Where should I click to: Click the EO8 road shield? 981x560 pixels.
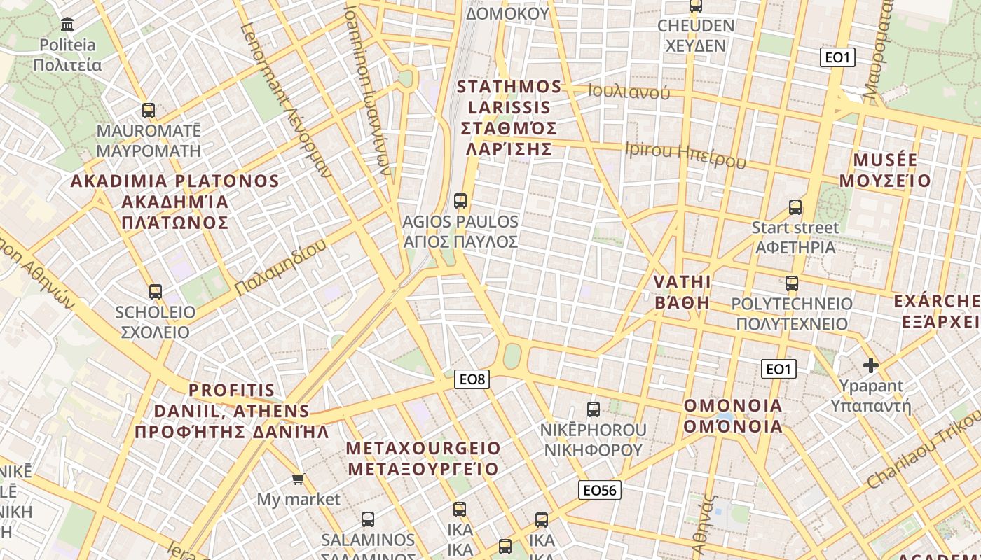click(472, 379)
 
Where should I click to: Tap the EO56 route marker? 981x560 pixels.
click(600, 490)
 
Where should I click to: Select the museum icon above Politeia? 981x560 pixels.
click(68, 25)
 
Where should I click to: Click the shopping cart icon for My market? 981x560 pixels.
click(299, 479)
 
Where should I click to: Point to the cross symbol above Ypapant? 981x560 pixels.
click(871, 365)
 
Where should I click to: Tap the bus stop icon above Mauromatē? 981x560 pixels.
click(149, 110)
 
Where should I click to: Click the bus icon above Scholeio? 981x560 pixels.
click(156, 291)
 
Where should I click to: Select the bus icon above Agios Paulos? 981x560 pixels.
click(460, 201)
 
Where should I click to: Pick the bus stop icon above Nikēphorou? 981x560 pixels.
click(594, 409)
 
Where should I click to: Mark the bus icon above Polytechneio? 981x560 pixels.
click(792, 283)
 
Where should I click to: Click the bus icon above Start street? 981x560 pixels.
click(795, 207)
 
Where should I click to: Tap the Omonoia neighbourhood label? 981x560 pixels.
click(733, 416)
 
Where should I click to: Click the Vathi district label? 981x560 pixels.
click(682, 292)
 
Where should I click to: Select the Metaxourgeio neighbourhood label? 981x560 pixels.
click(424, 458)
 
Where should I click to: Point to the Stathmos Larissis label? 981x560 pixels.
click(509, 118)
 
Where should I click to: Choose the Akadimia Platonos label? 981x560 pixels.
click(175, 202)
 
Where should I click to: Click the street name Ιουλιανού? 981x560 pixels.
click(629, 91)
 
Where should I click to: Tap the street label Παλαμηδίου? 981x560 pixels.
click(281, 267)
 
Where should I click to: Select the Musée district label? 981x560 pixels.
click(885, 170)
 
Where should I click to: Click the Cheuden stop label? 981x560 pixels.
click(695, 36)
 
